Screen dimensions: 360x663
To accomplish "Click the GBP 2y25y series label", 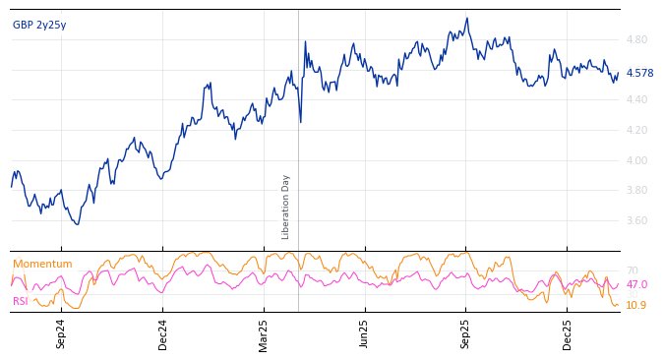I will click(39, 26).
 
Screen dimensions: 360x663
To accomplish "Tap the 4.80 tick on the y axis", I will click(636, 40).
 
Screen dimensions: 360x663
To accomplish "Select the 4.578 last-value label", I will click(639, 74).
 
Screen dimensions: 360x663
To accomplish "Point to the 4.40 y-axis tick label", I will click(636, 100).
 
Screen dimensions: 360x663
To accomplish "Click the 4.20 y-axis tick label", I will click(636, 131).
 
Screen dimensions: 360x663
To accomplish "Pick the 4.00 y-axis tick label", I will click(636, 161).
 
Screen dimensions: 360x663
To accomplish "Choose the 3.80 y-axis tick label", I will click(636, 191).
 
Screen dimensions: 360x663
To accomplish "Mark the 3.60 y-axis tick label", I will click(636, 221).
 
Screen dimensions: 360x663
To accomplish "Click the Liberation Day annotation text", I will click(286, 207).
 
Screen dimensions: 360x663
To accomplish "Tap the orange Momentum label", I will click(42, 265).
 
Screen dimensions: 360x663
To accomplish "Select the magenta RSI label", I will click(21, 302).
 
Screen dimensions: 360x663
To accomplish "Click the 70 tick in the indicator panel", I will click(632, 271).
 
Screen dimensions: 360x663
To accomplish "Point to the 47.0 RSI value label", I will click(636, 285).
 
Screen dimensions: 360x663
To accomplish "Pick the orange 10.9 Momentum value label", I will click(635, 306).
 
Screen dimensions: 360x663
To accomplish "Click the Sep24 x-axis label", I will click(61, 333).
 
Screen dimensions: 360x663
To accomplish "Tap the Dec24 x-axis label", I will click(163, 333).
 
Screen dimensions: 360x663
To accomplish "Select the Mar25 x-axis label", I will click(264, 333).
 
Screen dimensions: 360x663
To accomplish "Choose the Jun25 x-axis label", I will click(364, 333).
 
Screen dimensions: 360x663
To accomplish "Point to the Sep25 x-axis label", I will click(466, 333).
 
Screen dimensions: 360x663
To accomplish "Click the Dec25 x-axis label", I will click(568, 333).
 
